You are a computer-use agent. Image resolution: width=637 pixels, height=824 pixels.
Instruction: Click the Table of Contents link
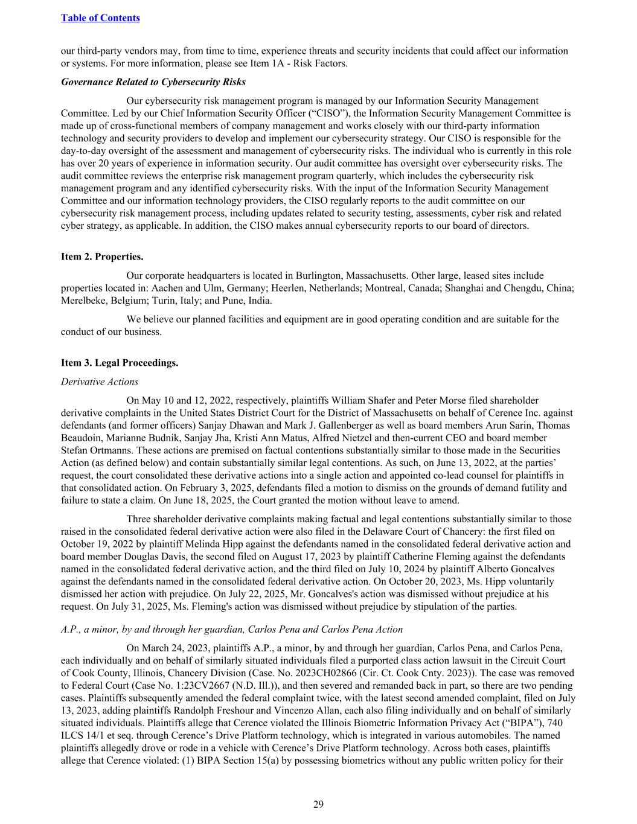point(100,18)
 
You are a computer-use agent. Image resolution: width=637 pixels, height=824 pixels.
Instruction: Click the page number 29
point(318,803)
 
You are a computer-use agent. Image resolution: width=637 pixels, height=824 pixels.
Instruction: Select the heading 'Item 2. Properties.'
point(102,257)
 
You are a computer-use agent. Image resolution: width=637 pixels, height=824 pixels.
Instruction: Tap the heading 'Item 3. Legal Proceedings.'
point(120,362)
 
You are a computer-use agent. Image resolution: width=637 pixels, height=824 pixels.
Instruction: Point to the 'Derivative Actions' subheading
point(100,382)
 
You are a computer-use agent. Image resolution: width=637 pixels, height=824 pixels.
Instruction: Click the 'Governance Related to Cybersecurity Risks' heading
point(153,81)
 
